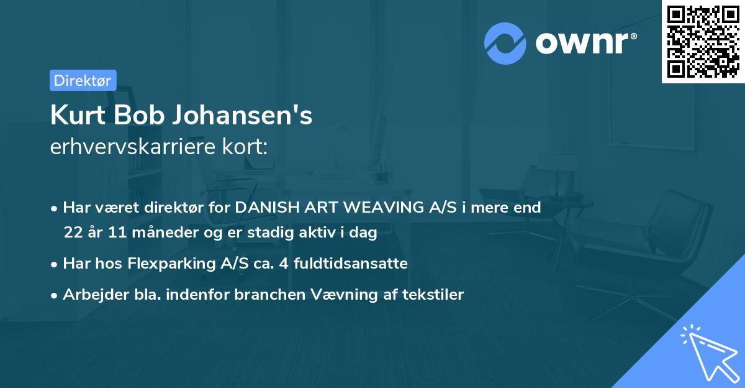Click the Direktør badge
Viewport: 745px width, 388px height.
click(x=83, y=80)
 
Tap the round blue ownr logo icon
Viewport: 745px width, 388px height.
click(x=505, y=44)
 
